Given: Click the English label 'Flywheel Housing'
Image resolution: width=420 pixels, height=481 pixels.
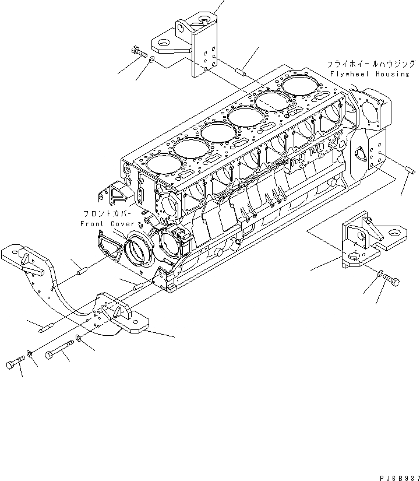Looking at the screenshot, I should pos(370,75).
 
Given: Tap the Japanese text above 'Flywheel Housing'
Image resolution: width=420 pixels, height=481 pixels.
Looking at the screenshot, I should pos(370,64).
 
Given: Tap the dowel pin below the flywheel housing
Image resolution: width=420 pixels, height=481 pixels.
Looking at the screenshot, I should pos(408,170).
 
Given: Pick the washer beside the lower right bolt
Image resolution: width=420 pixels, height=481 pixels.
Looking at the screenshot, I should pos(379,273).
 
